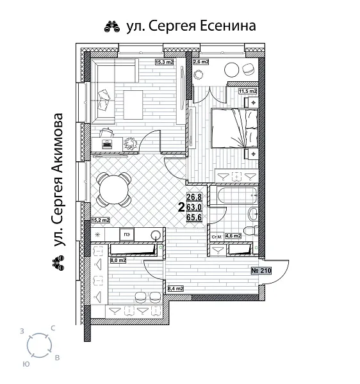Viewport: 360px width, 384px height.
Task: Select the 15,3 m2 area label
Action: (165, 62)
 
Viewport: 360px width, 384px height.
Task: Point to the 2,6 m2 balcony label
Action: (201, 62)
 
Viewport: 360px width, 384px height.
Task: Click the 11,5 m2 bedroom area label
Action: (247, 92)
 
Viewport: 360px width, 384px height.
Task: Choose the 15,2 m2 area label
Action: (100, 220)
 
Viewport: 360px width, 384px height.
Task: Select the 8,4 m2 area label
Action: (175, 289)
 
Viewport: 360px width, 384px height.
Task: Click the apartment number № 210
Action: (262, 271)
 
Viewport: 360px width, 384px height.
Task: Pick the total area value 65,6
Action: (194, 218)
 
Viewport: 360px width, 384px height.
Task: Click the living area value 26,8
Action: (194, 198)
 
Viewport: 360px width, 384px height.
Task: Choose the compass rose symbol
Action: (40, 346)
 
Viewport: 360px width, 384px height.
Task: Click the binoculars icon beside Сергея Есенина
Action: (110, 26)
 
